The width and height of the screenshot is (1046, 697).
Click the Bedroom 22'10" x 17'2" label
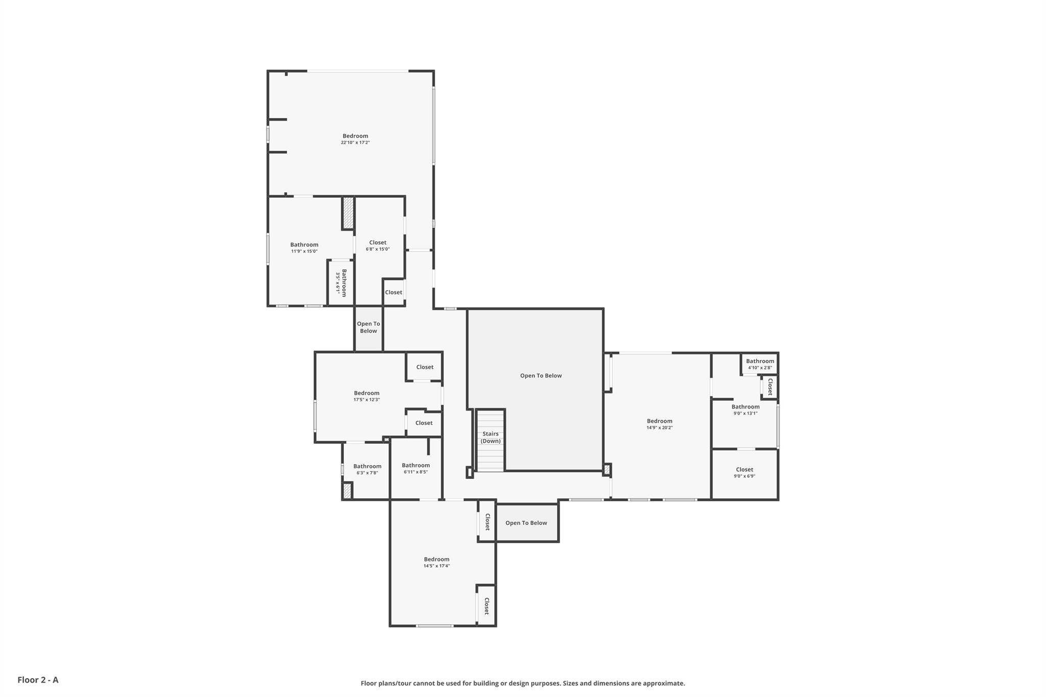pos(355,139)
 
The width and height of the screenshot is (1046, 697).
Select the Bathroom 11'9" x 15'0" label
pos(304,248)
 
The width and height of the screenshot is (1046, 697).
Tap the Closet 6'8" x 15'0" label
pos(377,246)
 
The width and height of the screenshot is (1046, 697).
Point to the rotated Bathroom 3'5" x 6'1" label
pos(341,282)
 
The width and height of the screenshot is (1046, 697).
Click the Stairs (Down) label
pos(490,437)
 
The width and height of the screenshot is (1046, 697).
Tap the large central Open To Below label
pos(541,376)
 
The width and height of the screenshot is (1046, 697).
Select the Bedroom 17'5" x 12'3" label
pos(367,396)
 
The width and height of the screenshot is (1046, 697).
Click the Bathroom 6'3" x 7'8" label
pos(367,469)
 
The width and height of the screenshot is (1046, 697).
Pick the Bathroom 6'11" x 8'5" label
pos(416,468)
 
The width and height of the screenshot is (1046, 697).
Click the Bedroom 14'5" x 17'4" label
pos(437,562)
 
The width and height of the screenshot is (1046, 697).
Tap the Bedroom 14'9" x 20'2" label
pos(659,424)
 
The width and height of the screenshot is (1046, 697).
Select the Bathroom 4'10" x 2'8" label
pos(760,364)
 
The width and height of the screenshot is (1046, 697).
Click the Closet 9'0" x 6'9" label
pos(745,472)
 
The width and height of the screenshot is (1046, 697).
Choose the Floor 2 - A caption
pos(38,680)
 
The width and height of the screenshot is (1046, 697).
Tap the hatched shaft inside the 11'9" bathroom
pos(348,213)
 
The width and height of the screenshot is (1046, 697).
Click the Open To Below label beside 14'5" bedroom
pos(526,523)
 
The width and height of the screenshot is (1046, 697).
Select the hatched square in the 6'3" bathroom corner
pos(347,491)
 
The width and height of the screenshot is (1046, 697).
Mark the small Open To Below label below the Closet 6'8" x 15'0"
pos(368,327)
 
